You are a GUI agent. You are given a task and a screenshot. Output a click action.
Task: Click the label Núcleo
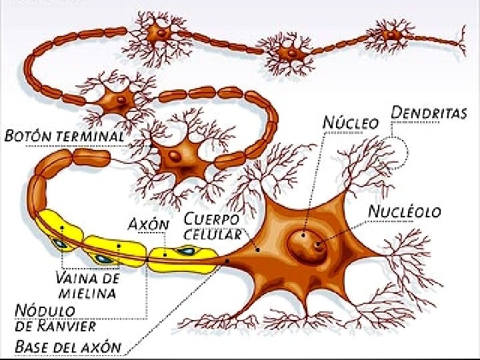point(351,123)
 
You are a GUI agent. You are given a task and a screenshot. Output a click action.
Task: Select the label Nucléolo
point(405,212)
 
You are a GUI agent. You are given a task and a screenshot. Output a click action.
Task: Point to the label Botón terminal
point(65,136)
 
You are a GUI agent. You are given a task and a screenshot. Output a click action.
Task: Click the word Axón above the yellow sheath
point(148,223)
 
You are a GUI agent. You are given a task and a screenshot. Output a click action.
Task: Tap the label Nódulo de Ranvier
point(55,319)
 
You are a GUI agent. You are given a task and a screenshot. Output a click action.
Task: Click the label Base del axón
point(69,347)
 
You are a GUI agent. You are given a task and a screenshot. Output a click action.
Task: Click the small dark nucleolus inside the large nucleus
point(319,245)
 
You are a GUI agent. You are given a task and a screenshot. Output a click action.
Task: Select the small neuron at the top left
point(160,32)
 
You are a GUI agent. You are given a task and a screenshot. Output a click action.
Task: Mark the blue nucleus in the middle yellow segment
point(103,258)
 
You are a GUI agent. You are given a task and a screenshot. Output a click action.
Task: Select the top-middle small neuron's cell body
point(288,52)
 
